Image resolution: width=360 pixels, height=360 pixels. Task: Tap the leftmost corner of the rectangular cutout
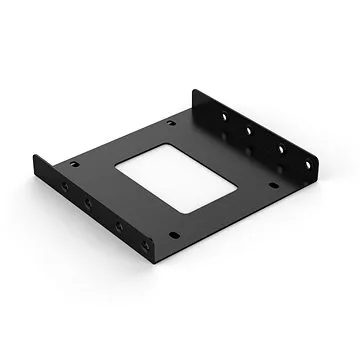pos(115,167)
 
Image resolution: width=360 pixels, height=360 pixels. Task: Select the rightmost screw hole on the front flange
pos(150,244)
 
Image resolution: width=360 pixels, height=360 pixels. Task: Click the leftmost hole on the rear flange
pos(221,113)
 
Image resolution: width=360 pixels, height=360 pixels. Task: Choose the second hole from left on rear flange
pos(248,128)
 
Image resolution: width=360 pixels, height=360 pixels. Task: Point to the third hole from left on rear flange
pos(279,147)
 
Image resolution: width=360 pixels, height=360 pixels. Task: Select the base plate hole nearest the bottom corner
pos(175,236)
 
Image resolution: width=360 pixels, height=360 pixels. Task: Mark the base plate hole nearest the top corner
pos(171,123)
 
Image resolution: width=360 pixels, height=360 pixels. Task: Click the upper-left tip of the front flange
pos(36,156)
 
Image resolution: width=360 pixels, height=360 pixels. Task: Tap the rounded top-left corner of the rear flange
pos(197,91)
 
